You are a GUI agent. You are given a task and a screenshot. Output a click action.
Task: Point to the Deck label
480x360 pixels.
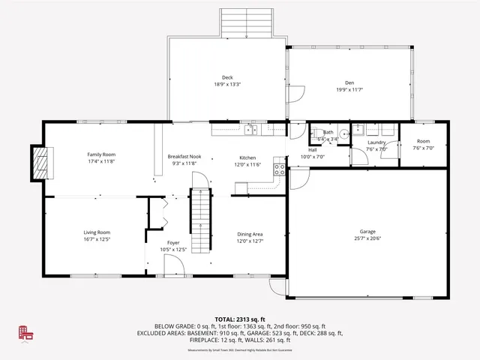pos(226,77)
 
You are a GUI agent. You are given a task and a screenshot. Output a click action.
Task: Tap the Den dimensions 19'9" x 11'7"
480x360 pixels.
pos(349,90)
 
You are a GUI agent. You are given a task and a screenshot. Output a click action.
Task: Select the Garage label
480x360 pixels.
pos(367,232)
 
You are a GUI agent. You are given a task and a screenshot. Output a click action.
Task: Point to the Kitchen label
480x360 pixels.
pos(247,157)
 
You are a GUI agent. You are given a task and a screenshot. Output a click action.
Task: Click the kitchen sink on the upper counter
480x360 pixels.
pos(251,130)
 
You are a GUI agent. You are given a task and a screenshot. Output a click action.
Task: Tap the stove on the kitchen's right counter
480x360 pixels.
pos(280,169)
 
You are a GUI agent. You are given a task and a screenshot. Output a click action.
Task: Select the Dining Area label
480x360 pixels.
pos(250,233)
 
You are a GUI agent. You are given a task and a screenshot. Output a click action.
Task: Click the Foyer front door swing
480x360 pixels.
pos(173,264)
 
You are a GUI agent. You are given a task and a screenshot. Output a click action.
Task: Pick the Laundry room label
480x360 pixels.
pos(376,142)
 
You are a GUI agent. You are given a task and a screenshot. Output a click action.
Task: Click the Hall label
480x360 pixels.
pos(312,149)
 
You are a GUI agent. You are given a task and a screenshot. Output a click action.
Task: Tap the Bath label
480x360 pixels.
pos(328,132)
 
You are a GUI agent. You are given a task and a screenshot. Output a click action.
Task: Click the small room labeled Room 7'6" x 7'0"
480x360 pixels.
pos(424,144)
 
